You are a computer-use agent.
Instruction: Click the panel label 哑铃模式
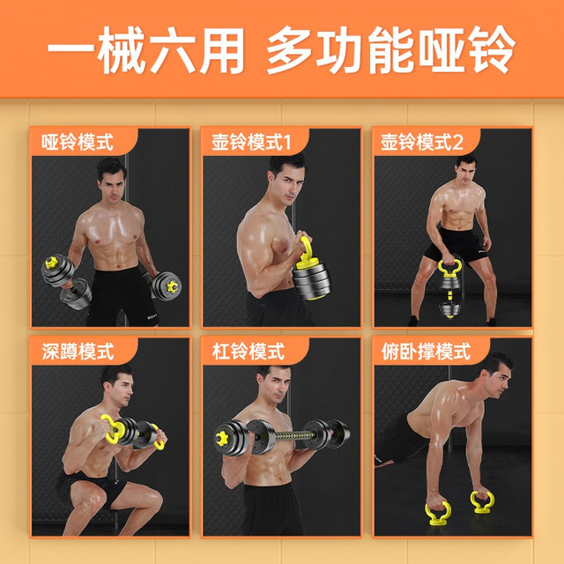coord(78,142)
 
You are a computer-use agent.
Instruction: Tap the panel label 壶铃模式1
coord(251,142)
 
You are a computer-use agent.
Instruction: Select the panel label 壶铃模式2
coord(422,142)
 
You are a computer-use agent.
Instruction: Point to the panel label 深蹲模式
coord(78,352)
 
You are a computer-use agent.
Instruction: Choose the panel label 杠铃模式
coord(249,352)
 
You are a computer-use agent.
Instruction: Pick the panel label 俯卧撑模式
coord(426,352)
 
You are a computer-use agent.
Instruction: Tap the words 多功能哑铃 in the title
coord(391,50)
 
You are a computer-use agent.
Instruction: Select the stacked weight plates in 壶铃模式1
coord(311,281)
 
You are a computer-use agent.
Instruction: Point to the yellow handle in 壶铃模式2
coord(449,267)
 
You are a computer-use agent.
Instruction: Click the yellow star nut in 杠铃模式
coord(221,439)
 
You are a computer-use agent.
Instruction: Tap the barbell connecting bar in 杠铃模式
coord(288,436)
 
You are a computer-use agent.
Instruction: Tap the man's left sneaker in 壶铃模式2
coord(490,321)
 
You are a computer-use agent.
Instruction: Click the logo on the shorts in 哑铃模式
coord(152,316)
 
